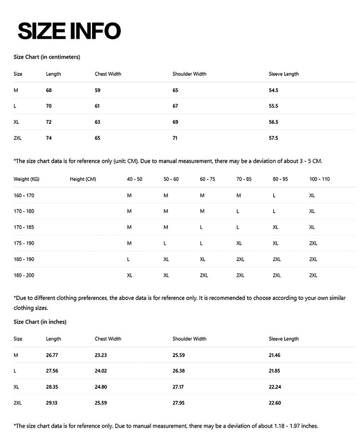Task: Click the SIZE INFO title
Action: (x=69, y=31)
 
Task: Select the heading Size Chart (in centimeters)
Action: (x=47, y=57)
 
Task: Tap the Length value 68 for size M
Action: (x=49, y=90)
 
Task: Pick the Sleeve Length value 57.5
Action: (x=274, y=138)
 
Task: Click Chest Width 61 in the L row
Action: (x=97, y=106)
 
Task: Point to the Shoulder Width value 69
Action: (x=175, y=122)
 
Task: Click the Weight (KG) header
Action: (x=26, y=179)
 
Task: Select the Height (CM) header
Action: (x=83, y=179)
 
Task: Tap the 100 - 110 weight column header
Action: (x=320, y=179)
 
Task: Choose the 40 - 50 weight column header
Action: (x=134, y=179)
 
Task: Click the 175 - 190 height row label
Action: (x=24, y=243)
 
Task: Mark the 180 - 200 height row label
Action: (x=24, y=276)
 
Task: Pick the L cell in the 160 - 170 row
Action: (x=274, y=195)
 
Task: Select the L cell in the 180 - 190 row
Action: (x=129, y=259)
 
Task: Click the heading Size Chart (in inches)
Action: (x=40, y=322)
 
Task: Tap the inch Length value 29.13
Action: (x=52, y=403)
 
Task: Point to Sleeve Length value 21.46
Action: (x=275, y=355)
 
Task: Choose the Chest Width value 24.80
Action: (x=101, y=387)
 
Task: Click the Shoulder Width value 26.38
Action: (x=179, y=371)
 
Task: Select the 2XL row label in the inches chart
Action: (x=18, y=403)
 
